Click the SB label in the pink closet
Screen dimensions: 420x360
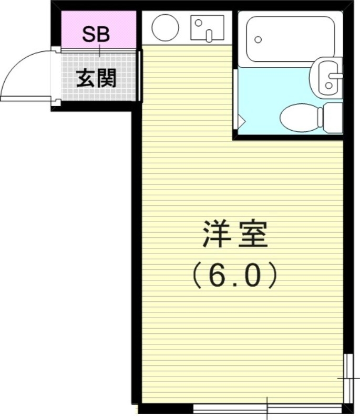(x=96, y=35)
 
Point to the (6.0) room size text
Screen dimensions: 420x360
(x=234, y=275)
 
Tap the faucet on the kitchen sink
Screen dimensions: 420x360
(x=209, y=36)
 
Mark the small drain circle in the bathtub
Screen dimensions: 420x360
(x=258, y=39)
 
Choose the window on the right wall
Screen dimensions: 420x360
(x=348, y=378)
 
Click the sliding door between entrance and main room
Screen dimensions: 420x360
(x=139, y=76)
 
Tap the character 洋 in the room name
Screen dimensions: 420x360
(x=216, y=235)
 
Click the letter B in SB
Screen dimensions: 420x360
(x=103, y=35)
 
